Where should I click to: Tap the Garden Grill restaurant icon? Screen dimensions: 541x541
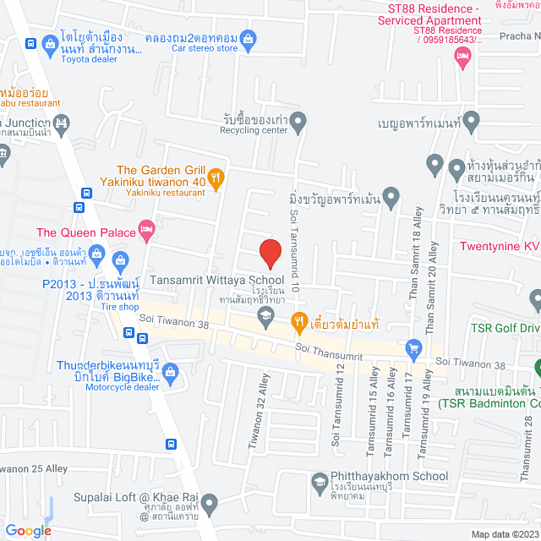click(216, 178)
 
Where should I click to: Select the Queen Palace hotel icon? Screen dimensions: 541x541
click(147, 228)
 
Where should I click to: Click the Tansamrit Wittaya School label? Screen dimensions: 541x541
click(216, 280)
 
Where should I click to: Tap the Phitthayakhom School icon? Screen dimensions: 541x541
click(320, 484)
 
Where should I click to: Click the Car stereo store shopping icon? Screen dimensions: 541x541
click(248, 37)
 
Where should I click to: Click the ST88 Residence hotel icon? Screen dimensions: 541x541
click(462, 57)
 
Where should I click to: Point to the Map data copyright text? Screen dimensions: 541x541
click(505, 533)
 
